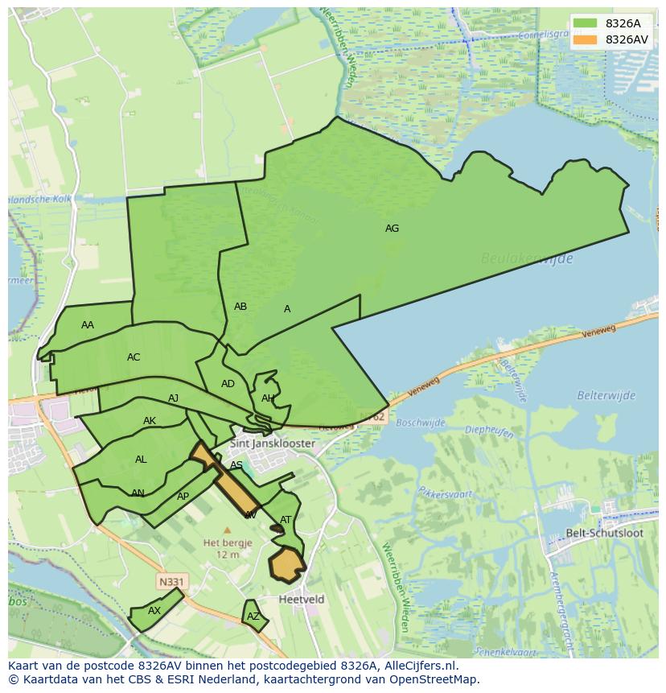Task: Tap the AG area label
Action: point(392,229)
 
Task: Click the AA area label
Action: point(88,325)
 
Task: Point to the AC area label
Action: point(134,357)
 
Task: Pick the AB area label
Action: point(240,307)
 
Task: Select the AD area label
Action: point(228,384)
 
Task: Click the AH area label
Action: point(268,398)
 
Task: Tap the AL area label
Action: point(141,460)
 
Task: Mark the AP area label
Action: point(183,497)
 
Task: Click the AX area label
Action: point(154,611)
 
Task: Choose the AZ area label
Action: point(253,617)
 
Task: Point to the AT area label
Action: point(286,520)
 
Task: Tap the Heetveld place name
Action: point(302,600)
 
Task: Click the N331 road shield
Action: point(170,580)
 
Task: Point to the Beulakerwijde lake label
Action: point(527,258)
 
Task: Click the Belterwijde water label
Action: point(606,395)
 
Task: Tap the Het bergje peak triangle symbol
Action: point(227,530)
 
